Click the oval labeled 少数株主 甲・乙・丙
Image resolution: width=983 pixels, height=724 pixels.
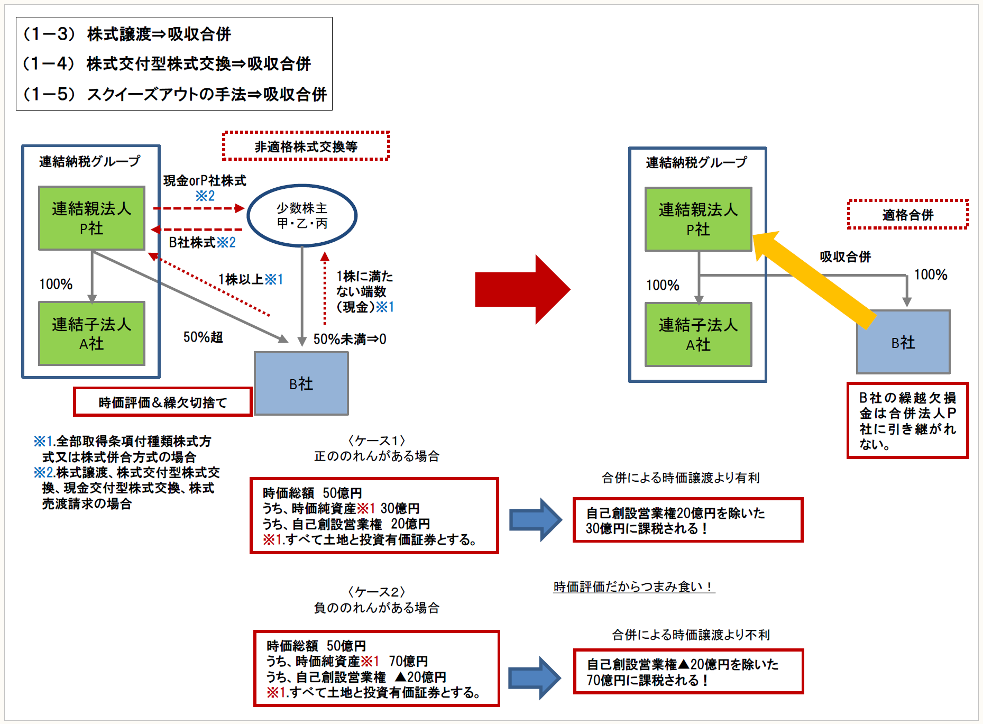tap(302, 215)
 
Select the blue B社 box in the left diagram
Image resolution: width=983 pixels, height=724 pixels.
tap(301, 383)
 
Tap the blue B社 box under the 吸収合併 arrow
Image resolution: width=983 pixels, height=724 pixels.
tap(903, 342)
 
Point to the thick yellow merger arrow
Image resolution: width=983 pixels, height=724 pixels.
tap(814, 278)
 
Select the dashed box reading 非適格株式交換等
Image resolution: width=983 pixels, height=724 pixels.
tap(306, 146)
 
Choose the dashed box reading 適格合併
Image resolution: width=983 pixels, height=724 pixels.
tap(907, 215)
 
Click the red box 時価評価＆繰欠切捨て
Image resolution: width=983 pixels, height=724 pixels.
tap(163, 402)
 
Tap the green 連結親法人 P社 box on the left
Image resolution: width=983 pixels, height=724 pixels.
tap(91, 218)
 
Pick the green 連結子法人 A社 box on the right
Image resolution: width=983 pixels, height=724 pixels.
tap(698, 335)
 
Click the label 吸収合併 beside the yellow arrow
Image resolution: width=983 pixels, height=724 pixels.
tap(845, 257)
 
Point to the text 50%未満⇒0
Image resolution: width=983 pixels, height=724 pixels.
tap(350, 339)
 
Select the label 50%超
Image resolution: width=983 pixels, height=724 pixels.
tap(203, 337)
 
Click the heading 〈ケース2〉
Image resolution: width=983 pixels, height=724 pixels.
tap(376, 592)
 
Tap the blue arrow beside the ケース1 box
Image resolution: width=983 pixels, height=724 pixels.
tap(535, 519)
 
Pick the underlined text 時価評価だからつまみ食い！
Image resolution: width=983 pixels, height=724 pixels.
tap(633, 586)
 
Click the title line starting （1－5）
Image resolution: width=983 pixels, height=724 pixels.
tap(174, 94)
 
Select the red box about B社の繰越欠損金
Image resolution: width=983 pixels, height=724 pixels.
tap(907, 420)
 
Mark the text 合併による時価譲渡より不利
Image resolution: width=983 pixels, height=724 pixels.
tap(691, 635)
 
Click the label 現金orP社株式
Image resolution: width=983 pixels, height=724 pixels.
tap(205, 181)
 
